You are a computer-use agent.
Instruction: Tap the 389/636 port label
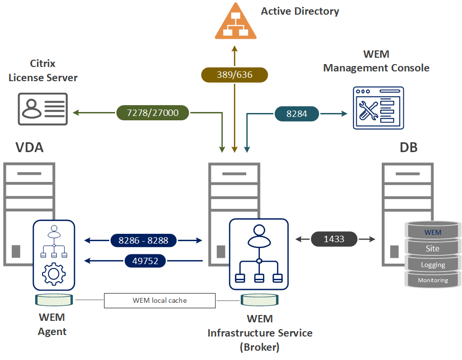click(x=234, y=75)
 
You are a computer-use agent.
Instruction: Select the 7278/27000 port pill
click(x=153, y=113)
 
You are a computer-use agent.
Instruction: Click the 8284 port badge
click(x=297, y=113)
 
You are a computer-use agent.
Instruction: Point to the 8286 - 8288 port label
click(x=143, y=240)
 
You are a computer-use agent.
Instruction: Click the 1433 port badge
click(x=334, y=239)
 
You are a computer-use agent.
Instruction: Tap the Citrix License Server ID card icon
click(x=43, y=109)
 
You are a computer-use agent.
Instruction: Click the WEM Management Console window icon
click(x=378, y=108)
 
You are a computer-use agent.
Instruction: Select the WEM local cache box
click(x=160, y=300)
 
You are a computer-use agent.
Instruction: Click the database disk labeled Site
click(x=433, y=248)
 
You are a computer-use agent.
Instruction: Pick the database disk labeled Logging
click(x=433, y=264)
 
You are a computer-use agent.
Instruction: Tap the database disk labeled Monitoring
click(x=433, y=280)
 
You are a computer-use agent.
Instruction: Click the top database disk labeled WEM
click(x=433, y=231)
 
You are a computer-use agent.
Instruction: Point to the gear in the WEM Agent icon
click(x=54, y=274)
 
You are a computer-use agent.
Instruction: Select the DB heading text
click(x=409, y=147)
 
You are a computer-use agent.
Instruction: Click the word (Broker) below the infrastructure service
click(x=259, y=347)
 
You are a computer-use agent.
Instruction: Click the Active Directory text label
click(x=300, y=11)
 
